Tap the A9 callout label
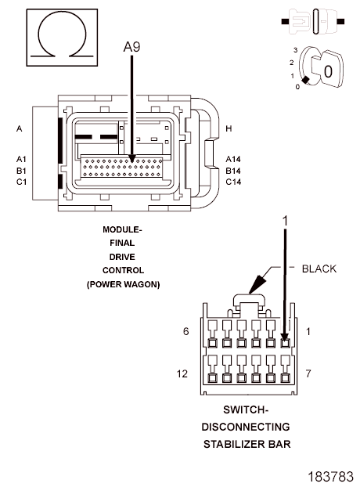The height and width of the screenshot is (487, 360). [132, 47]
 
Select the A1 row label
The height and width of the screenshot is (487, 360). [21, 159]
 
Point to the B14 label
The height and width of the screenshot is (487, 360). [233, 171]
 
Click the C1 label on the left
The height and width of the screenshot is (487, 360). [21, 182]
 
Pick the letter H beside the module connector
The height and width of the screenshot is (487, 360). [229, 128]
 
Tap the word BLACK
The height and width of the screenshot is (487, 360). [319, 269]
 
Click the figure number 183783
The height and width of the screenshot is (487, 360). [331, 477]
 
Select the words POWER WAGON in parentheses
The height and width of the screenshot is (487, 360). [123, 284]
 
